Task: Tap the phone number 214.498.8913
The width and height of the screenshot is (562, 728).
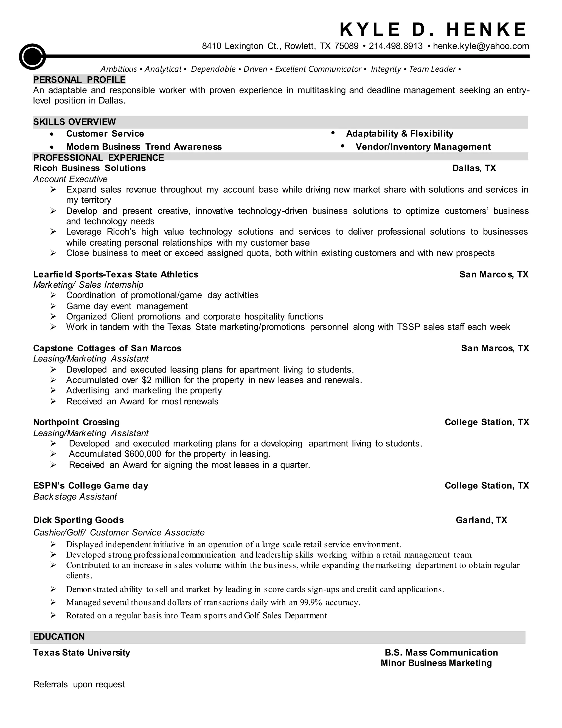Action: click(x=395, y=46)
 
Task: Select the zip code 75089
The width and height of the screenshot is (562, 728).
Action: click(x=346, y=46)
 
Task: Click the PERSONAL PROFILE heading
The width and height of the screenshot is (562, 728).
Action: click(x=79, y=80)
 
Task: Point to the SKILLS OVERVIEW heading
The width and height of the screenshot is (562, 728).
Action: click(x=75, y=122)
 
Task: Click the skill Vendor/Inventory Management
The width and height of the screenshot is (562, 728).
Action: click(x=423, y=147)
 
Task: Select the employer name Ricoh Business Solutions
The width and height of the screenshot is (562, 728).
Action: click(x=89, y=168)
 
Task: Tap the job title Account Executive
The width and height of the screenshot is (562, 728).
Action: click(x=70, y=179)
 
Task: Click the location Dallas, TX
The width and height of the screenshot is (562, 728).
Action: click(x=474, y=168)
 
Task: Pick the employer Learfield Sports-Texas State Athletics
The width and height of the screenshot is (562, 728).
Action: click(x=116, y=274)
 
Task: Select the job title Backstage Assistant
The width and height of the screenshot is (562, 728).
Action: click(x=75, y=497)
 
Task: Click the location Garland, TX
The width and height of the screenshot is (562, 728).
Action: click(x=481, y=520)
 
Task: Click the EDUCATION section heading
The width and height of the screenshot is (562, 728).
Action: click(x=59, y=637)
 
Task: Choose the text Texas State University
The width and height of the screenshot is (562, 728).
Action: click(x=82, y=652)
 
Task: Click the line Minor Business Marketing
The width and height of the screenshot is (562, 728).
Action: click(x=436, y=663)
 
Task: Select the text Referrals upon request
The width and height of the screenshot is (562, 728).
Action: click(x=79, y=684)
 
